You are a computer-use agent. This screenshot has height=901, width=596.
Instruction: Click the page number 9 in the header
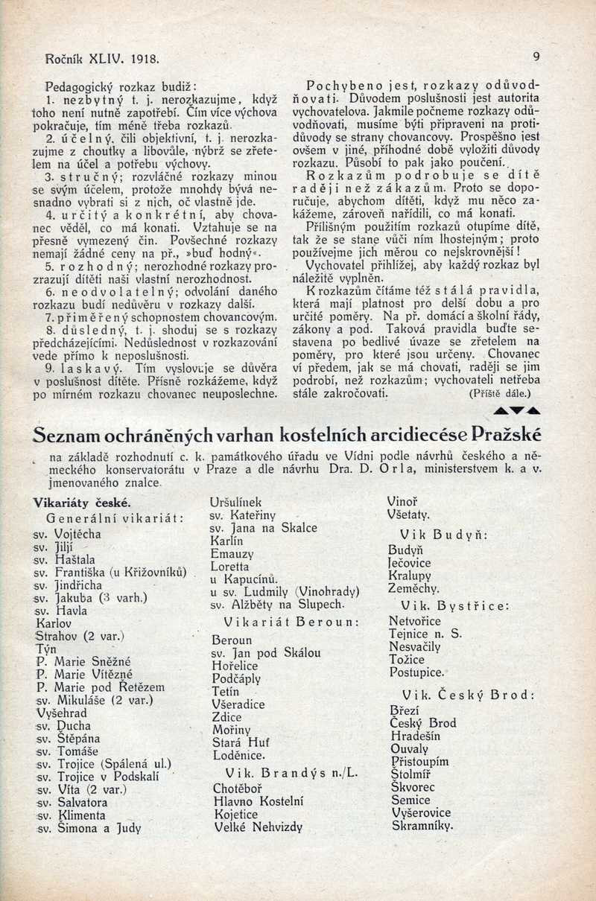coord(536,57)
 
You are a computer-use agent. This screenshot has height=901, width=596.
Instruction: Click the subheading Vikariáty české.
coord(83,502)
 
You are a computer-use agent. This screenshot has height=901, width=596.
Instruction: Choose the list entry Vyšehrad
coord(62,711)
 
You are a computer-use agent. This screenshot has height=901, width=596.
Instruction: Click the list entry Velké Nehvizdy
coord(259,826)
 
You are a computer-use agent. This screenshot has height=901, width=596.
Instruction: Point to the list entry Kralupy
coord(410,575)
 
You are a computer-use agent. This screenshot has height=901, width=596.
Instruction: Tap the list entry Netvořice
coord(415,620)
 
